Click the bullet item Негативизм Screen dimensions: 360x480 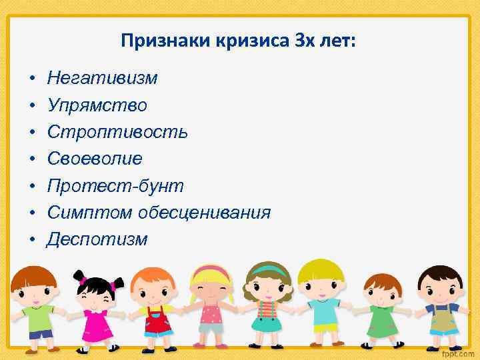[x=102, y=79]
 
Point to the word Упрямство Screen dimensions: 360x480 [x=97, y=105]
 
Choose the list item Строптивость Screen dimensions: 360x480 [x=117, y=132]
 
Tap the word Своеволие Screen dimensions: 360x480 [x=94, y=159]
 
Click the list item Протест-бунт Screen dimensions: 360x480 [x=115, y=185]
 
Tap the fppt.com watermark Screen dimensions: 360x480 [x=460, y=351]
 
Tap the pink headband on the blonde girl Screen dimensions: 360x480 [x=212, y=271]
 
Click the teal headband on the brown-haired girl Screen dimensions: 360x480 [x=269, y=269]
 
